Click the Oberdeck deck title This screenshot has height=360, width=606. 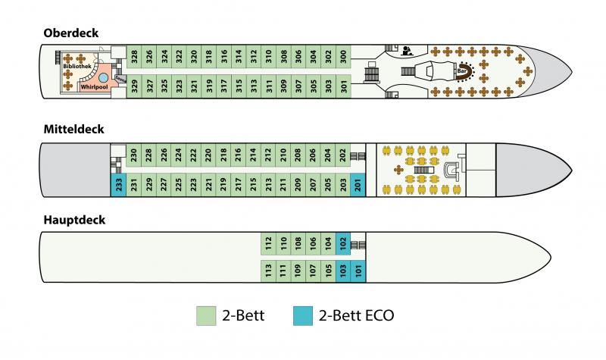pyautogui.click(x=71, y=33)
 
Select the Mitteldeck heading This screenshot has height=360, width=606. pyautogui.click(x=74, y=130)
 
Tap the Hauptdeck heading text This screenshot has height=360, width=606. pyautogui.click(x=75, y=220)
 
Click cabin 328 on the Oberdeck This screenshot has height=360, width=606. pyautogui.click(x=134, y=56)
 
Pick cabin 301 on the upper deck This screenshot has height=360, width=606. pyautogui.click(x=345, y=86)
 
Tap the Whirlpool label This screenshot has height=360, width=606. pyautogui.click(x=93, y=87)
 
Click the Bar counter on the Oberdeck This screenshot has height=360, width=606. pyautogui.click(x=461, y=72)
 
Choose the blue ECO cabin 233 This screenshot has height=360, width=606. pyautogui.click(x=117, y=183)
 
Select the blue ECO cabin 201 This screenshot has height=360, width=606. pyautogui.click(x=358, y=183)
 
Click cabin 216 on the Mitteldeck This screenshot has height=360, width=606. pyautogui.click(x=239, y=155)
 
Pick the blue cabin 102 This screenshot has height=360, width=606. pyautogui.click(x=343, y=243)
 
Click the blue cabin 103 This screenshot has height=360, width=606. pyautogui.click(x=343, y=271)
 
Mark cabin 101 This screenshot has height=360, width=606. pyautogui.click(x=358, y=271)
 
